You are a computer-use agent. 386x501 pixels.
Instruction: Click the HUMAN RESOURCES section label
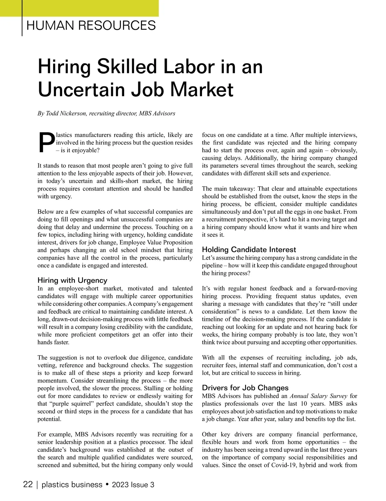pyautogui.click(x=91, y=25)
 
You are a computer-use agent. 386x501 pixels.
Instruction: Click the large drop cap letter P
pyautogui.click(x=46, y=142)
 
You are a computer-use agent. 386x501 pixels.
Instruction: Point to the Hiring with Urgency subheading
pyautogui.click(x=72, y=280)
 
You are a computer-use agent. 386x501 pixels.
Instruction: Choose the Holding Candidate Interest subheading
pyautogui.click(x=249, y=250)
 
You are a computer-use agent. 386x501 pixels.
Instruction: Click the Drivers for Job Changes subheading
pyautogui.click(x=245, y=388)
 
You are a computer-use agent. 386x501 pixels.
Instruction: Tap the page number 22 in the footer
pyautogui.click(x=28, y=485)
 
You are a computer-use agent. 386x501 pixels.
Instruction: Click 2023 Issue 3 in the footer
pyautogui.click(x=133, y=485)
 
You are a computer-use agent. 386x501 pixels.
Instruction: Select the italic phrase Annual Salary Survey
pyautogui.click(x=318, y=396)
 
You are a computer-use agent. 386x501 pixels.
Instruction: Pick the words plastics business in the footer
pyautogui.click(x=72, y=485)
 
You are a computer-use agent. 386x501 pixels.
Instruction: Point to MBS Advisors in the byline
pyautogui.click(x=157, y=113)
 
